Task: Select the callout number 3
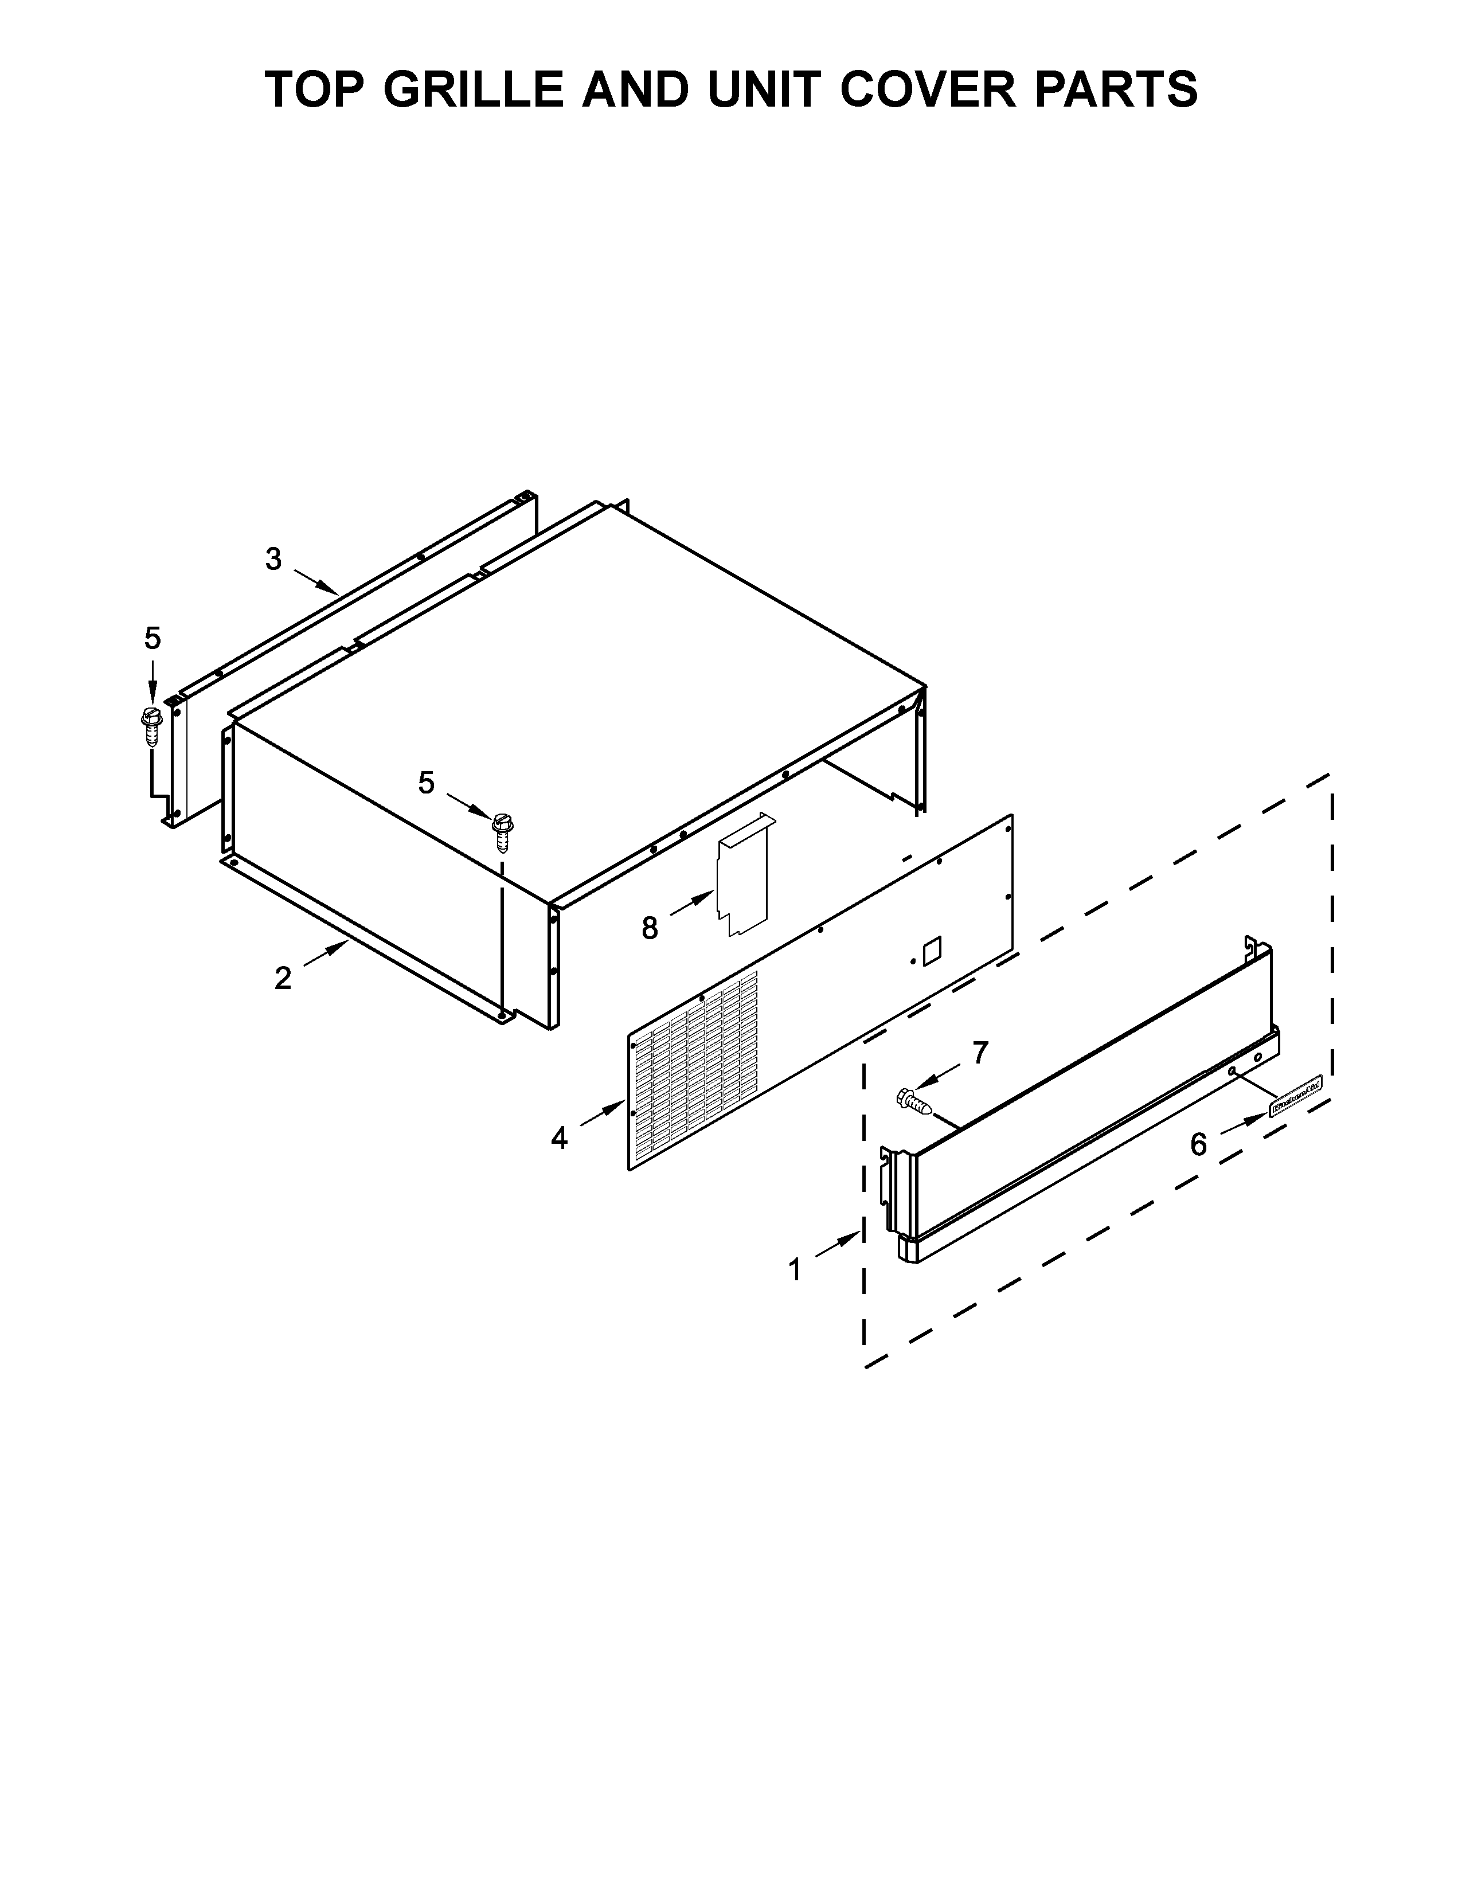(x=273, y=560)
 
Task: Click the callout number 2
(x=282, y=979)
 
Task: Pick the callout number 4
(x=560, y=1138)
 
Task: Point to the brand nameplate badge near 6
(x=1296, y=1107)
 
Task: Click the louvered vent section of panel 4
(x=697, y=1070)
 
